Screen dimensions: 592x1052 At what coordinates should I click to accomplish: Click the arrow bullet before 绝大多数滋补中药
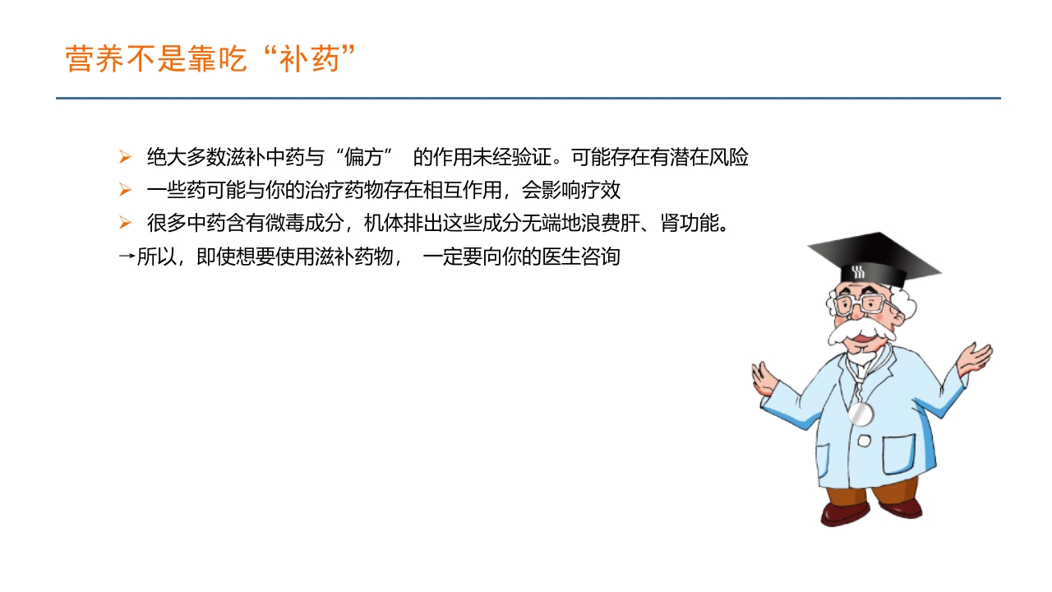(x=125, y=157)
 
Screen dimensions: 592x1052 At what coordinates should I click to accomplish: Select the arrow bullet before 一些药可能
(x=125, y=190)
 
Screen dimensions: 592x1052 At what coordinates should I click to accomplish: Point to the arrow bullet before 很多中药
(x=125, y=223)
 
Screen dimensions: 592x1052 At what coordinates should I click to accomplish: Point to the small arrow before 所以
(x=126, y=257)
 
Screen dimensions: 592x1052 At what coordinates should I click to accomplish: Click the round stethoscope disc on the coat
(x=860, y=414)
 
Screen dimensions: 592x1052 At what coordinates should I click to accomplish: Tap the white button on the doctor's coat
(x=864, y=441)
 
